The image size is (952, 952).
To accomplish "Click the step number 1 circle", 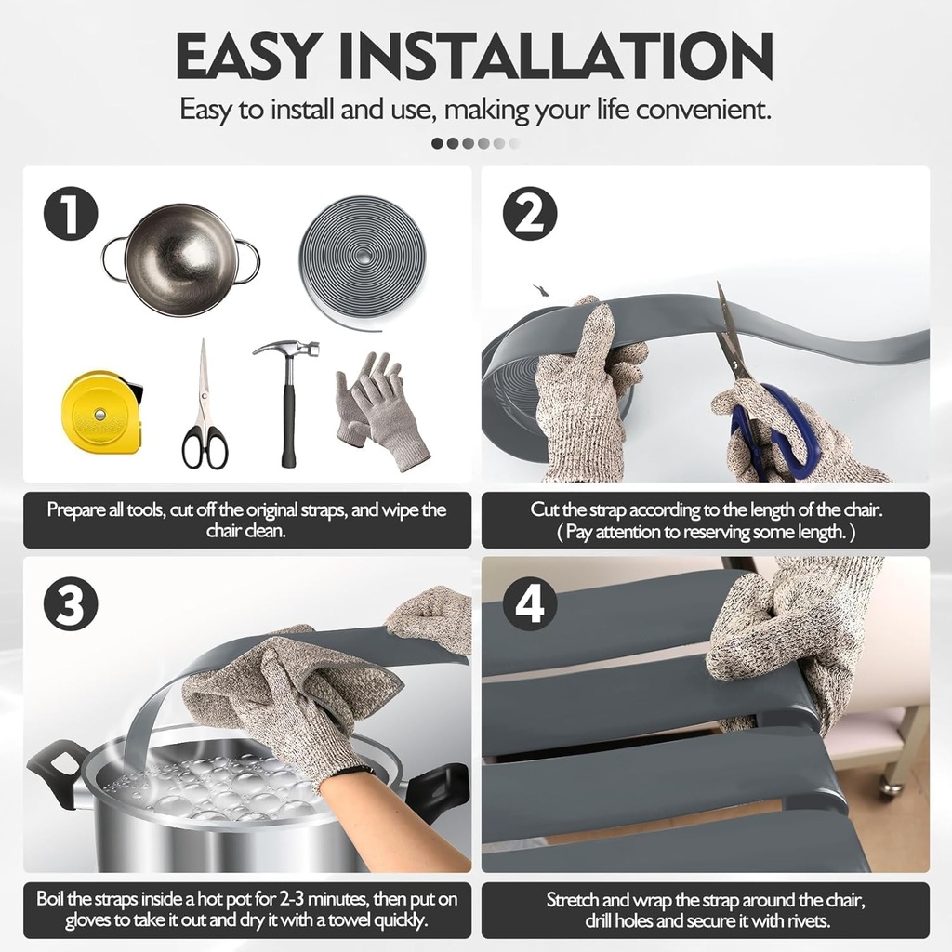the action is [71, 214].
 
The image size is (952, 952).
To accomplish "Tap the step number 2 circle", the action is [530, 214].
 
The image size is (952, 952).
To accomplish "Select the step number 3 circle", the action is [71, 603].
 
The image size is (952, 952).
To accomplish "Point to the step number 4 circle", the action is [530, 603].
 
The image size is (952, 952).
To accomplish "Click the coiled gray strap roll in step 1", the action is [364, 262].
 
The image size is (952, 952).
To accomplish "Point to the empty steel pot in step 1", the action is [181, 258].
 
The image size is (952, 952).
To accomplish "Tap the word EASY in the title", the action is [247, 55].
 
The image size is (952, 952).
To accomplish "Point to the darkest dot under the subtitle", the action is [437, 143].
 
